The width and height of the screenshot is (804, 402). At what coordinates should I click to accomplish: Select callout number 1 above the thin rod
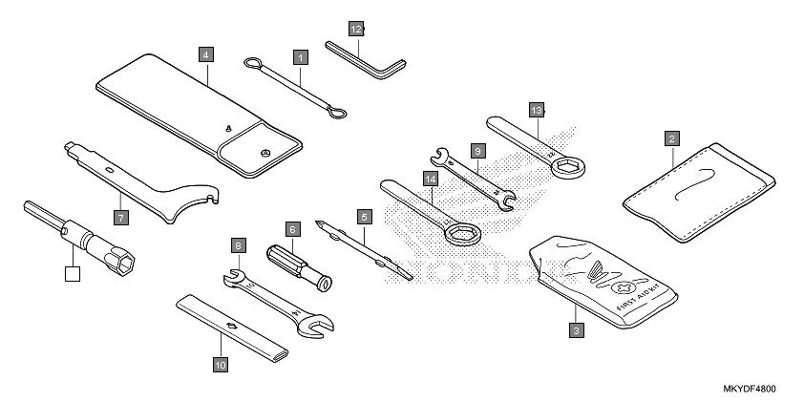click(x=301, y=57)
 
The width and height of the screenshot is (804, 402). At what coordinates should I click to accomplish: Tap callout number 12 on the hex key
click(x=356, y=30)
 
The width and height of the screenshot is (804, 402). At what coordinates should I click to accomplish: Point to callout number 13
click(x=536, y=110)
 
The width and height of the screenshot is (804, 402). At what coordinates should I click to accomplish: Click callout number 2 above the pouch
click(x=672, y=138)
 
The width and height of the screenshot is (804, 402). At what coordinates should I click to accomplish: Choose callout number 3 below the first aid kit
click(x=575, y=330)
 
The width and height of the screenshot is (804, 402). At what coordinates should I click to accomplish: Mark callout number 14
click(x=433, y=179)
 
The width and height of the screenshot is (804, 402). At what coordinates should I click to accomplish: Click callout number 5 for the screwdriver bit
click(x=364, y=217)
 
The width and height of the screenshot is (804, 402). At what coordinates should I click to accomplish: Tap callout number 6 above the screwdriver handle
click(x=293, y=229)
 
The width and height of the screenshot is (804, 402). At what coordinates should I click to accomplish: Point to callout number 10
click(x=220, y=364)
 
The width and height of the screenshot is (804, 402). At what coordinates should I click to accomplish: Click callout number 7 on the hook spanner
click(x=120, y=218)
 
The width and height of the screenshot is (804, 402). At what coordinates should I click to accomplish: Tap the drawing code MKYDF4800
click(x=750, y=390)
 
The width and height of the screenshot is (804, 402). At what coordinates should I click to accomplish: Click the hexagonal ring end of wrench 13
click(x=570, y=166)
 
